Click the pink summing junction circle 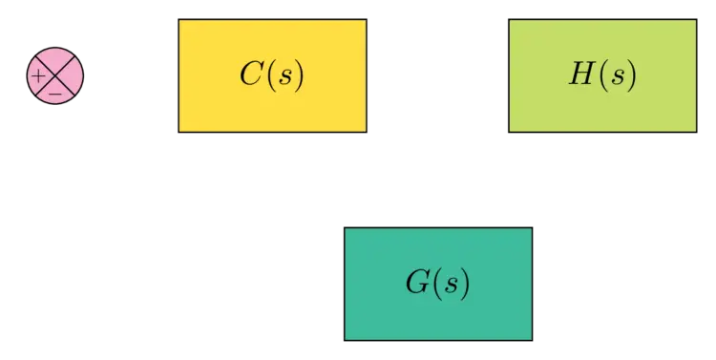click(x=55, y=74)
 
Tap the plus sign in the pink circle click(x=38, y=74)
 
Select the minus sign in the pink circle click(x=55, y=93)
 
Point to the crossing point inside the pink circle click(x=55, y=74)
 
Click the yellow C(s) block click(x=272, y=74)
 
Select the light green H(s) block click(x=602, y=74)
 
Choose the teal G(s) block click(x=438, y=284)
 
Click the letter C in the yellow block click(x=251, y=74)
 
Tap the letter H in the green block click(x=581, y=74)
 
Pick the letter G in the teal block click(x=417, y=284)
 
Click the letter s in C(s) click(x=284, y=76)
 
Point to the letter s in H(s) click(x=615, y=76)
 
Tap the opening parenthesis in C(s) click(x=270, y=75)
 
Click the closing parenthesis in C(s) click(x=298, y=75)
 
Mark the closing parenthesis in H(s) click(x=629, y=75)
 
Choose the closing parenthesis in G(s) click(x=465, y=285)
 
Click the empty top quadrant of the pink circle click(x=55, y=59)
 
